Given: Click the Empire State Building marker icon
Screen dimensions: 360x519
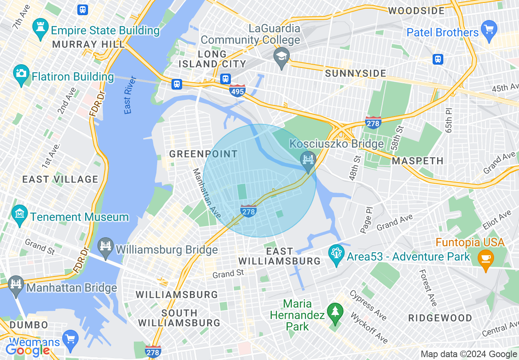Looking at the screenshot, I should [40, 28].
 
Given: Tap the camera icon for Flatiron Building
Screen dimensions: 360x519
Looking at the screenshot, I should [20, 74].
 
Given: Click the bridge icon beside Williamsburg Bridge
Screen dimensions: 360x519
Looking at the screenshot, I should [106, 247].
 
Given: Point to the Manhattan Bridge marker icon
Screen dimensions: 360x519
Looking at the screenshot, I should [16, 285].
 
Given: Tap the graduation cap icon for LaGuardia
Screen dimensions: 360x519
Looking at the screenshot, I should [282, 56].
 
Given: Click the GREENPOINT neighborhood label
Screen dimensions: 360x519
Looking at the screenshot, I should [203, 154].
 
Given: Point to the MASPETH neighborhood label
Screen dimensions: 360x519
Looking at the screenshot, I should [417, 161].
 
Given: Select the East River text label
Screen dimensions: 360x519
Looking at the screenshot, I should [130, 95].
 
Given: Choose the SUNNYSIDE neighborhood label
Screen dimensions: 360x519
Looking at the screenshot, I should [355, 74].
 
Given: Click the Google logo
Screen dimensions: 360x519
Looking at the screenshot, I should [27, 350].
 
